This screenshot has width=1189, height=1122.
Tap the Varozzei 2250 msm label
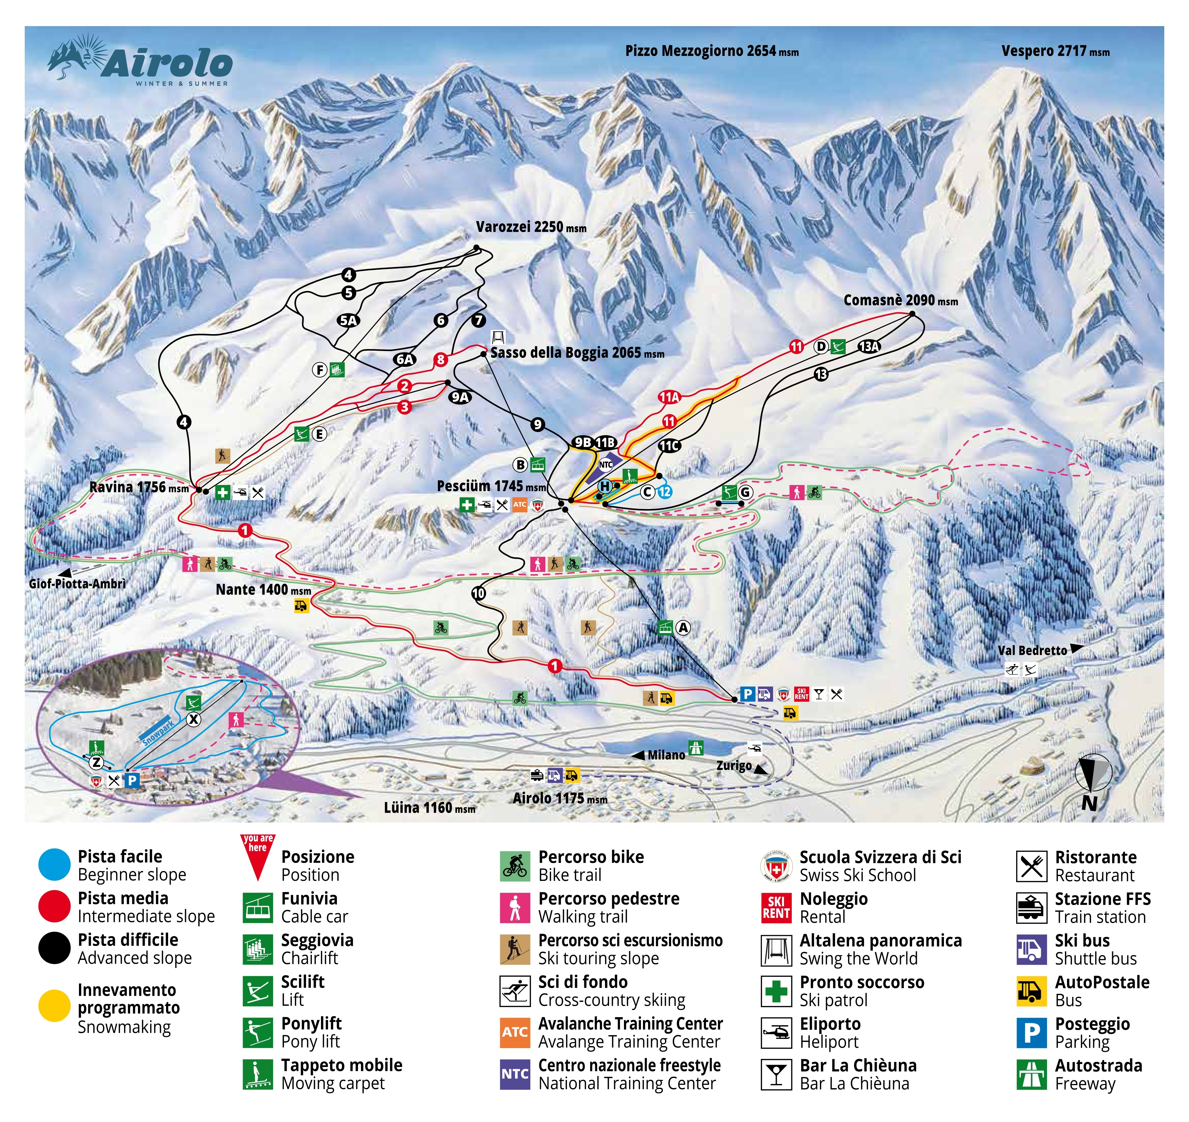530,227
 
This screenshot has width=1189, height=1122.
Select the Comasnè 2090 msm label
900,301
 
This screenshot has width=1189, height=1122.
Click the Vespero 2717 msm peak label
1055,52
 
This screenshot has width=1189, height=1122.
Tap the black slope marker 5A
348,321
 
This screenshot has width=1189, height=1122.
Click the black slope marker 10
479,593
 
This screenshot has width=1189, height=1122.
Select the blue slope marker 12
664,492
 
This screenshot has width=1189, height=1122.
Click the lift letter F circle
320,370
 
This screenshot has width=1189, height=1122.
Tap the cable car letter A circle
683,628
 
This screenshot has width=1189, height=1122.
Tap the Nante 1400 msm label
263,590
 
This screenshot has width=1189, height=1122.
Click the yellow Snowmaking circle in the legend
55,1006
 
